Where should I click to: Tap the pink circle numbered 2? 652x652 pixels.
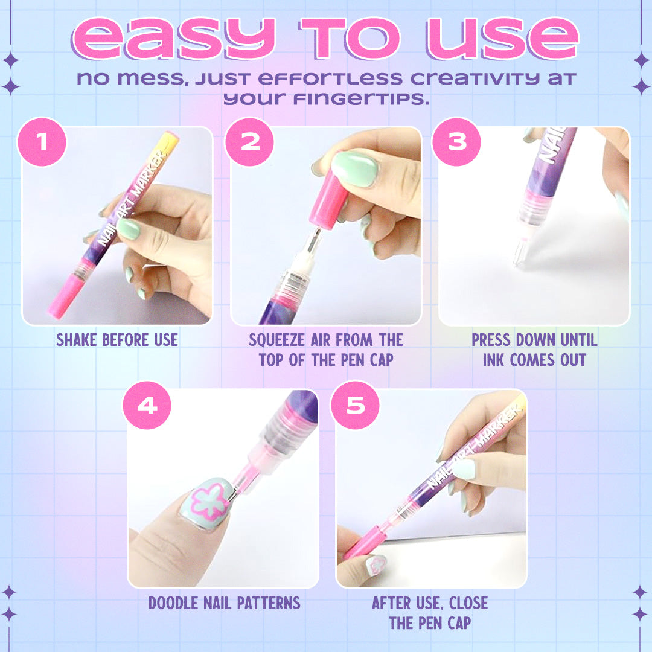[249, 142]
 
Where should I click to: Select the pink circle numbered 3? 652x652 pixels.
[457, 142]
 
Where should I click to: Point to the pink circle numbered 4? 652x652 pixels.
[147, 405]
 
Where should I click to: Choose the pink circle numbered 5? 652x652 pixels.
[355, 405]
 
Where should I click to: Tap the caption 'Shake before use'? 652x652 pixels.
[117, 340]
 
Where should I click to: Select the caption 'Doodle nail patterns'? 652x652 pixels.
[224, 602]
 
